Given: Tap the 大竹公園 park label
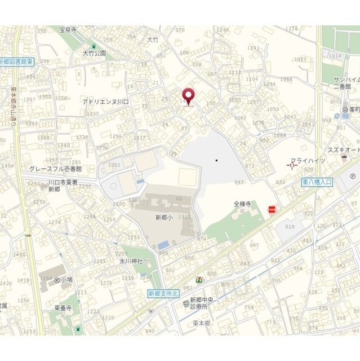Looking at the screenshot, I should [94, 53].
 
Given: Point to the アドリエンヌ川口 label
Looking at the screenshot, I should [106, 102].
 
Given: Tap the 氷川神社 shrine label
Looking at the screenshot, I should [131, 262].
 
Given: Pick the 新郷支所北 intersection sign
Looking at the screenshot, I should [162, 293].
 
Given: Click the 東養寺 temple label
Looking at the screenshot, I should [63, 309].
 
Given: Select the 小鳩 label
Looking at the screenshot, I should [67, 279].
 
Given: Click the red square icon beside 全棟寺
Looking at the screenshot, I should [272, 209].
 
